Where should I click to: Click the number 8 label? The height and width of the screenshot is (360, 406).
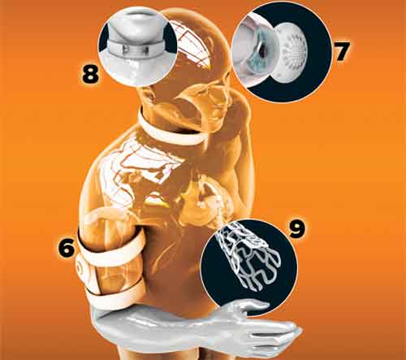pyautogui.click(x=90, y=75)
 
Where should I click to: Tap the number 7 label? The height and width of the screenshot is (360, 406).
pyautogui.click(x=343, y=51)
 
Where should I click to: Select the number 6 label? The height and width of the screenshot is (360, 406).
pyautogui.click(x=67, y=248)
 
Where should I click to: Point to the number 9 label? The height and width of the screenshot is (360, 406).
pyautogui.click(x=296, y=229)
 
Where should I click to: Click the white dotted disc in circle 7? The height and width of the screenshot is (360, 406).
pyautogui.click(x=292, y=51)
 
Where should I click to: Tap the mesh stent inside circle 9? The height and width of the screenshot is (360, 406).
pyautogui.click(x=249, y=254)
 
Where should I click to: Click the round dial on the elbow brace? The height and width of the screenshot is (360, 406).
pyautogui.click(x=80, y=267)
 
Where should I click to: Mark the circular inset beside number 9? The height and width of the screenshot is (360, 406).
pyautogui.click(x=249, y=267)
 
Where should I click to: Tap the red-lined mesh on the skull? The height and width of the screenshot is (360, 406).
pyautogui.click(x=192, y=47)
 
